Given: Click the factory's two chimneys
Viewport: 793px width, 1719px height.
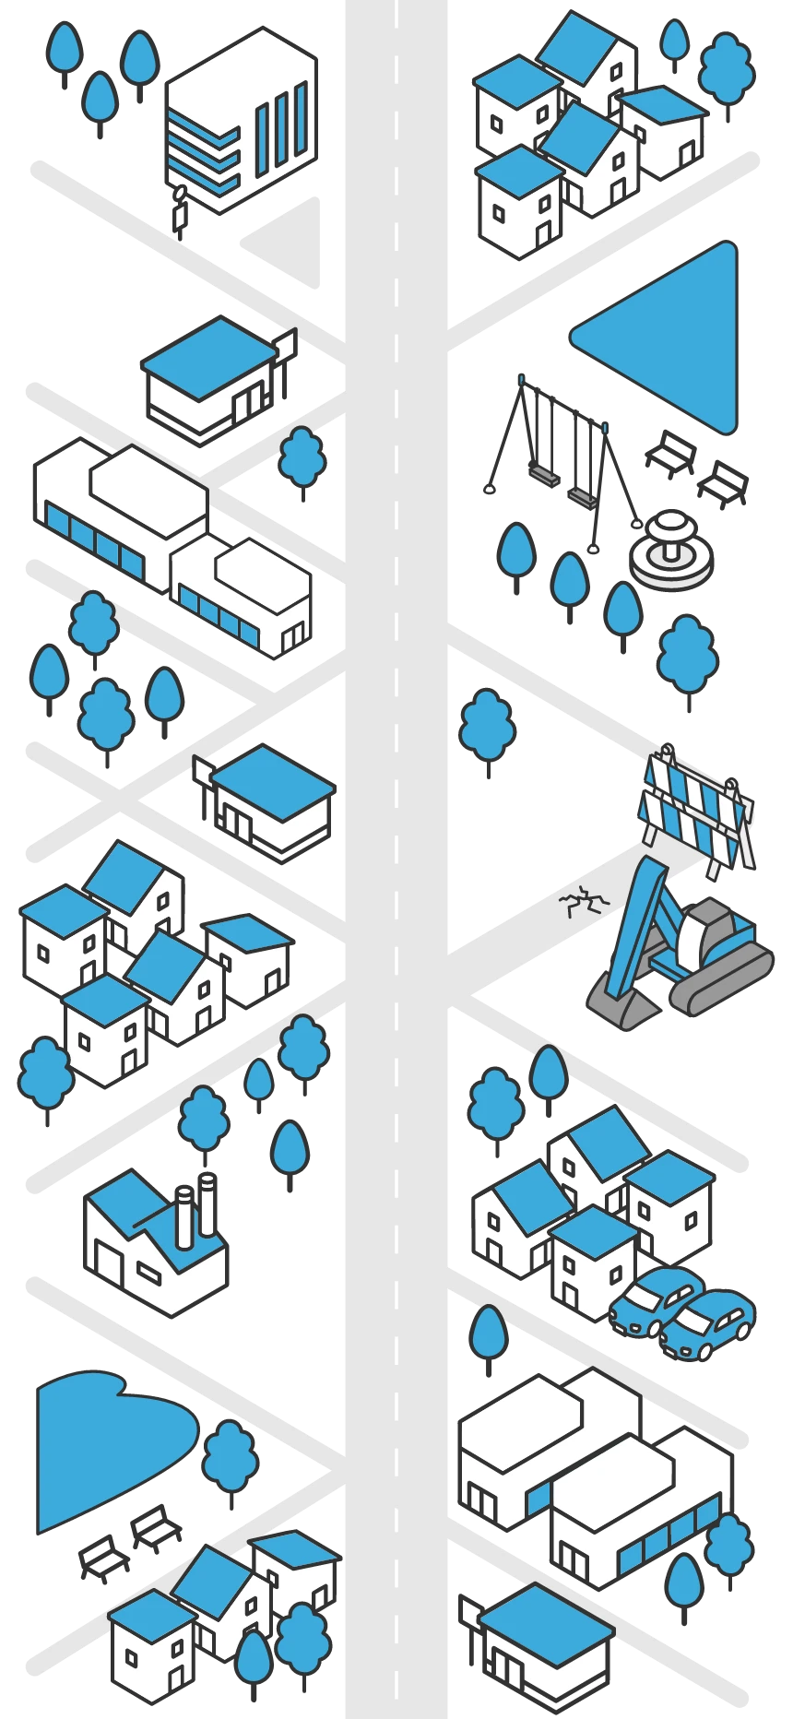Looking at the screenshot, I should point(195,1208).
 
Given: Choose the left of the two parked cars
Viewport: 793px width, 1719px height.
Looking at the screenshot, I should point(651,1300).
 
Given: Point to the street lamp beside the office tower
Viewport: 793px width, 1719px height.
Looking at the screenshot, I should point(179,207).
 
